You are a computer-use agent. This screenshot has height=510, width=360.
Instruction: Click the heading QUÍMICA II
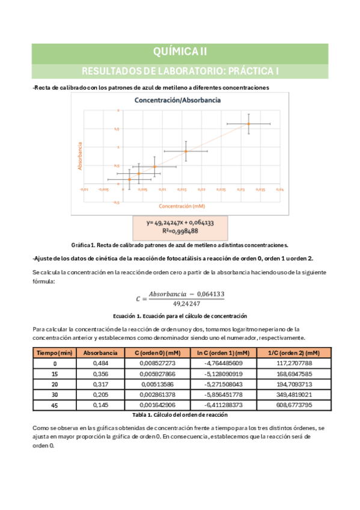tap(180, 52)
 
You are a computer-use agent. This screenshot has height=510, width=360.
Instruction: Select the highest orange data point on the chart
tap(248, 124)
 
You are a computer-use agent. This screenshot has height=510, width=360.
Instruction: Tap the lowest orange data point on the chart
tap(129, 179)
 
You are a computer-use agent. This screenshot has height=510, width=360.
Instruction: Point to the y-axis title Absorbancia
tap(79, 155)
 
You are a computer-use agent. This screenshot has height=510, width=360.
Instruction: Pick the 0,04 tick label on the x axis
tap(279, 189)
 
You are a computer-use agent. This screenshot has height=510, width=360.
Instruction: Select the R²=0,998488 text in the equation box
tap(180, 230)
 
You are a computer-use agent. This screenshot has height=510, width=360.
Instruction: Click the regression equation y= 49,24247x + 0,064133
tap(180, 222)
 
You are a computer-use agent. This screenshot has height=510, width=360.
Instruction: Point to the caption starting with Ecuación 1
tap(180, 316)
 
